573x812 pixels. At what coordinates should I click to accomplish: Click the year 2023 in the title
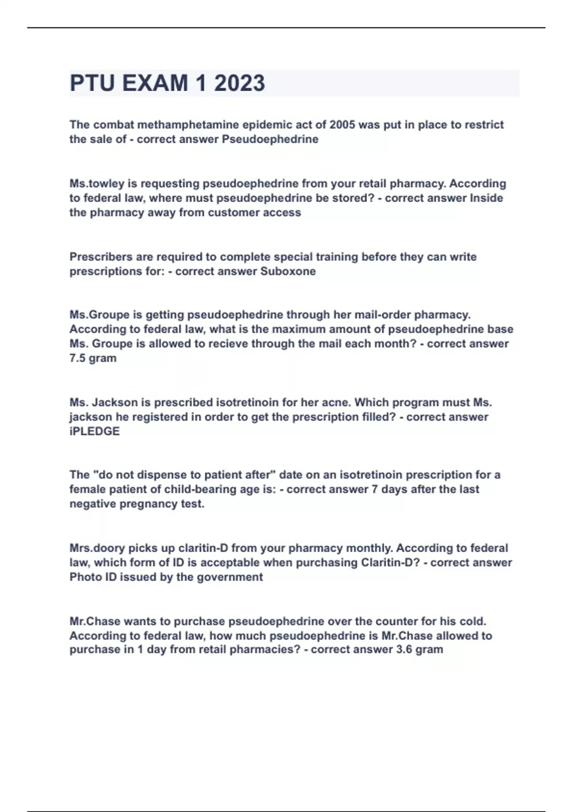[239, 83]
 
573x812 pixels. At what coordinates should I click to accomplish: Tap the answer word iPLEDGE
[95, 431]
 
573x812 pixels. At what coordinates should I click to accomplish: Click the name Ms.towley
[97, 183]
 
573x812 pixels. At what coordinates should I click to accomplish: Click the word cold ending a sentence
[472, 621]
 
